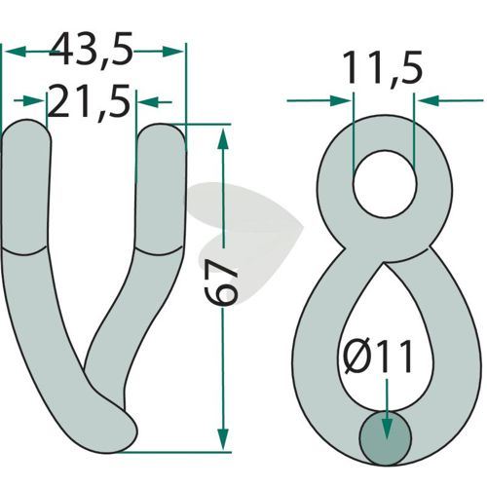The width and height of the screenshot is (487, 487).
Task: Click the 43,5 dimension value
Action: (91, 50)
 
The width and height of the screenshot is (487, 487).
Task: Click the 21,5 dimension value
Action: (89, 101)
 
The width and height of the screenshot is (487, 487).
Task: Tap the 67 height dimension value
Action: (223, 283)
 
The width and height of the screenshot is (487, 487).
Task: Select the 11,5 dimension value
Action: (382, 67)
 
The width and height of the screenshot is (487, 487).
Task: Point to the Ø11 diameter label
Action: (377, 356)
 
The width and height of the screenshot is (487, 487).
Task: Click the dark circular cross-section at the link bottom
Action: (386, 438)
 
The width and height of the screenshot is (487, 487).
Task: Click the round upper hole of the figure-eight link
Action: (385, 184)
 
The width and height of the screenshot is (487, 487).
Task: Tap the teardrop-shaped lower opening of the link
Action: (383, 341)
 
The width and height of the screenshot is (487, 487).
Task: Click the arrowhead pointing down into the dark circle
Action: (386, 429)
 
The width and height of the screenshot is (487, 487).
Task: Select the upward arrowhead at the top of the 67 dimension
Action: (223, 138)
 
